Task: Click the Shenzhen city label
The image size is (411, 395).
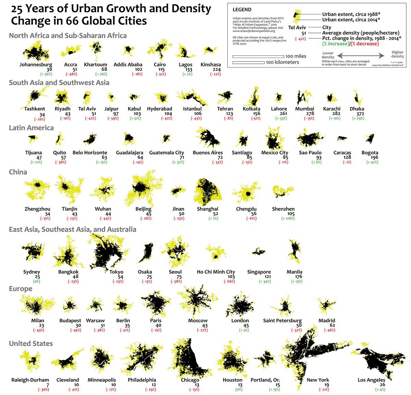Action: coord(283,209)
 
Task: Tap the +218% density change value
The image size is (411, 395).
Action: coord(288,218)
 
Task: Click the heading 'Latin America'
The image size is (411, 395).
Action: coord(31,128)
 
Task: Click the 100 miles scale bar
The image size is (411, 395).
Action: coord(258,56)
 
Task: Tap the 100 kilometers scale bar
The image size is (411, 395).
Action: coord(248,62)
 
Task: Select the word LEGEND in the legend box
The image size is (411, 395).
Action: coord(242,10)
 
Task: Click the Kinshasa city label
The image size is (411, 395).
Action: coord(211,65)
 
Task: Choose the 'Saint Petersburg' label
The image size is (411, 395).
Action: coord(282,321)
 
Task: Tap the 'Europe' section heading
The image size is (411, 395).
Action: coord(21,289)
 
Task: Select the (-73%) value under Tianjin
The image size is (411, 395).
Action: coord(70,218)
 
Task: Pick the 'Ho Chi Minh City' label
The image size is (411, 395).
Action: coord(216,272)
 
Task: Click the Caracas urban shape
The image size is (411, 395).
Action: coord(342,138)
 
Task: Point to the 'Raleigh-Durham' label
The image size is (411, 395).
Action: coord(30,380)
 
